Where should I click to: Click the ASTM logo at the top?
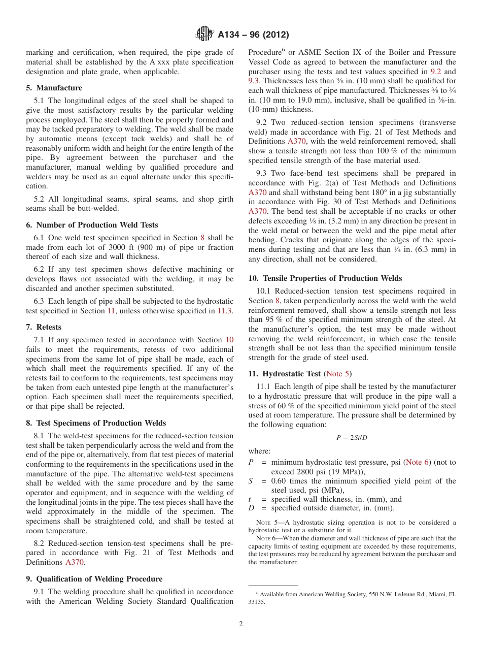204,35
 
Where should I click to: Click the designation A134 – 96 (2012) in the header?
253,35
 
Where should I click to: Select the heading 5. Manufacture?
54,88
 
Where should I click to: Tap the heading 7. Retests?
44,327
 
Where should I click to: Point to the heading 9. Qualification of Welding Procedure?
94,579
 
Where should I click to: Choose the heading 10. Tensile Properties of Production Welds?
325,278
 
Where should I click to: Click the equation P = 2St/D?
352,438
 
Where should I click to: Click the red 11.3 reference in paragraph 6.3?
225,311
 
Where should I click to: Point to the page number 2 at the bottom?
241,624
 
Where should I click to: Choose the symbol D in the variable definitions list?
251,508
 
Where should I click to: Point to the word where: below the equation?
259,451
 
